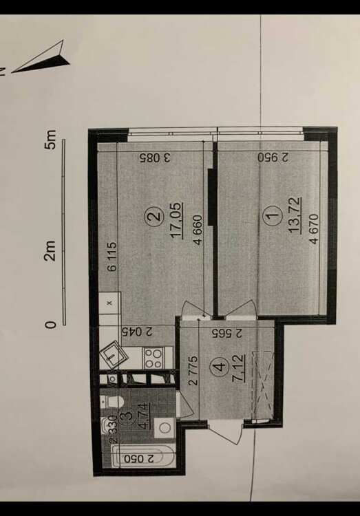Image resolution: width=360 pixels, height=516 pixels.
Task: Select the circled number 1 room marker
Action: click(272, 216)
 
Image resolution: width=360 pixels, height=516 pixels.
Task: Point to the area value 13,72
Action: click(295, 215)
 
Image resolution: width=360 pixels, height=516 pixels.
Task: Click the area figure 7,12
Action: click(239, 367)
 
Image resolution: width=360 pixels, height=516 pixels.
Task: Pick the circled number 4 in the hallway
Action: click(220, 366)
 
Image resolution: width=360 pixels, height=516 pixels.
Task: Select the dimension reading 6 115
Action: click(113, 257)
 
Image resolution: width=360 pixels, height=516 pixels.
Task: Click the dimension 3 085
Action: click(155, 158)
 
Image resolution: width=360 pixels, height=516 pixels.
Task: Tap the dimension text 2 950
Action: click(273, 158)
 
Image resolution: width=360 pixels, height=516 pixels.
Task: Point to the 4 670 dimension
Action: click(315, 228)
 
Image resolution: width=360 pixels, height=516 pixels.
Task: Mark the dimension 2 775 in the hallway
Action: click(193, 370)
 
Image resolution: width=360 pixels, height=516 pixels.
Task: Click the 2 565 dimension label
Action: click(227, 334)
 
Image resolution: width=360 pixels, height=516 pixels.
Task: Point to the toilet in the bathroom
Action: click(112, 402)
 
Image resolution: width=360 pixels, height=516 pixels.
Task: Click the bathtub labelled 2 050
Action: click(142, 456)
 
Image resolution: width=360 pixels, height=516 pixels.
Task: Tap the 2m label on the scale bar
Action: click(50, 250)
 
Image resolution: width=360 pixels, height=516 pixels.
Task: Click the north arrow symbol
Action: click(41, 58)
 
